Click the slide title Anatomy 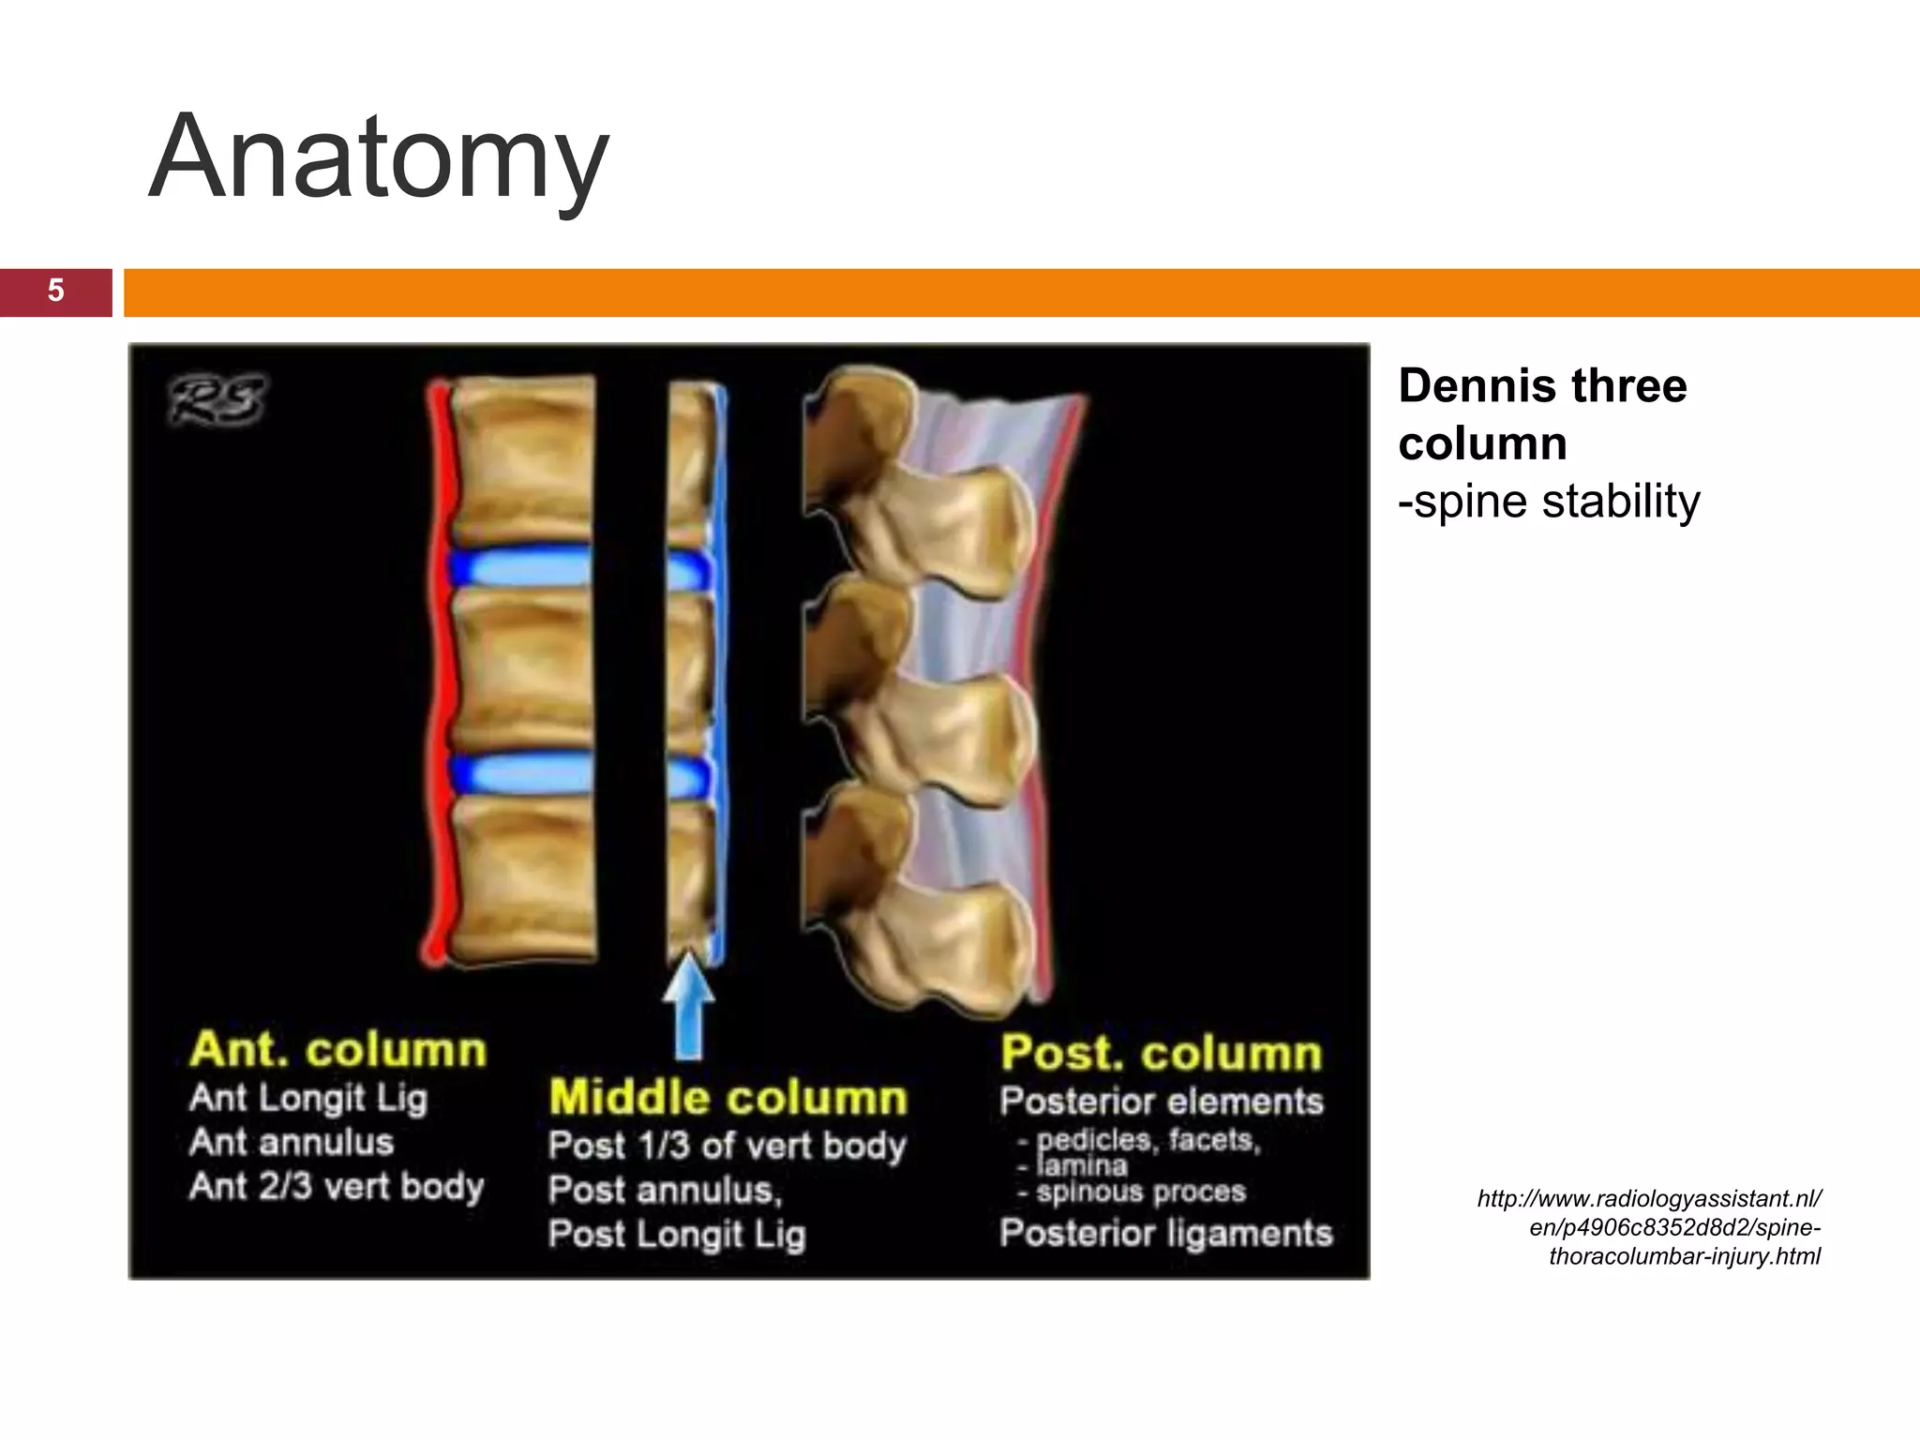click(x=379, y=157)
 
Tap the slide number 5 click(x=55, y=292)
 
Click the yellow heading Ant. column click(x=338, y=1050)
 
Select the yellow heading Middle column click(x=728, y=1098)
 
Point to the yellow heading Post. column click(x=1162, y=1053)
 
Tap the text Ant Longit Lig click(x=308, y=1098)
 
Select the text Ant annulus click(x=292, y=1143)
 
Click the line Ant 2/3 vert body click(x=337, y=1187)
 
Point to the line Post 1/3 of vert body click(x=727, y=1146)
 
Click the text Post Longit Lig click(x=677, y=1234)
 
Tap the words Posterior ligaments click(x=1166, y=1233)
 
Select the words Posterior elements click(x=1162, y=1102)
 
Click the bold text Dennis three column click(x=1542, y=414)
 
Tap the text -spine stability click(x=1549, y=502)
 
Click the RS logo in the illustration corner click(x=217, y=400)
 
